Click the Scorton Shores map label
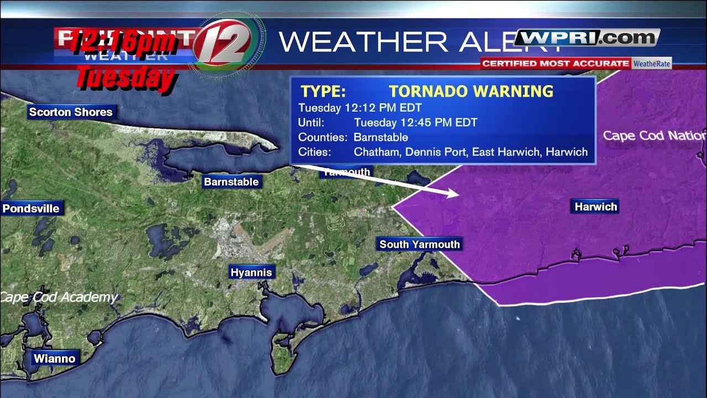(x=71, y=112)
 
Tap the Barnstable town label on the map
(x=231, y=182)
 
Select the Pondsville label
(x=31, y=208)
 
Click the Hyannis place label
(x=251, y=273)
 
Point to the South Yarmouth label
(x=420, y=244)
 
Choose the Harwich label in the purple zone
(x=595, y=207)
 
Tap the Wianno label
(x=54, y=359)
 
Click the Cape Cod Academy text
(x=59, y=297)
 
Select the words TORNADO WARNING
(x=471, y=92)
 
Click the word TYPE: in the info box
(x=323, y=92)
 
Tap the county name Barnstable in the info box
(x=381, y=137)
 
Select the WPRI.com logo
(x=587, y=38)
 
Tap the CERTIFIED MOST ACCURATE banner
(x=555, y=64)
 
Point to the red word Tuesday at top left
(x=125, y=78)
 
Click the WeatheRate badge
(x=652, y=64)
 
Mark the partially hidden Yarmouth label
(x=347, y=172)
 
